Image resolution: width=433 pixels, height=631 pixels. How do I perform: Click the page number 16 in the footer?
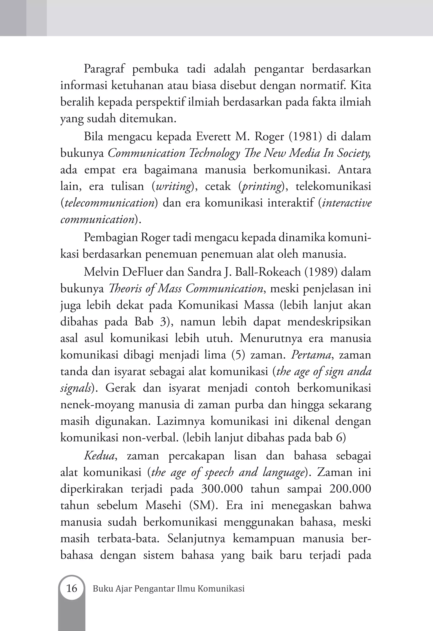72,588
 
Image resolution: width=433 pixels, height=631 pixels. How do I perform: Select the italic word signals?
75,388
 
